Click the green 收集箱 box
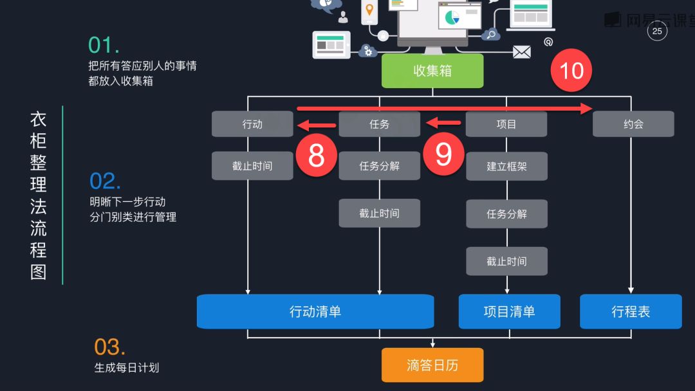pos(432,71)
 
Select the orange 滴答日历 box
pos(432,365)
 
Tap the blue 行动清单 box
pos(315,312)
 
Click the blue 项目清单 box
pos(509,312)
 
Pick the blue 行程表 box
pos(631,312)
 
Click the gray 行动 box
pos(252,124)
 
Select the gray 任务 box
pos(379,124)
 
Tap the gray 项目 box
pos(506,124)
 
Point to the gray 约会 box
pos(633,124)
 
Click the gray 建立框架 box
pos(506,166)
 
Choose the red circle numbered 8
pos(316,155)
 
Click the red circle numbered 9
pos(443,155)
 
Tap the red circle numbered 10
pos(571,70)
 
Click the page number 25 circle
pos(657,31)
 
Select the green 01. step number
pos(104,45)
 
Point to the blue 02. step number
pos(105,181)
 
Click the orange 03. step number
pos(109,347)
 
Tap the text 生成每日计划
pos(127,368)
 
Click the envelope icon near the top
pos(522,52)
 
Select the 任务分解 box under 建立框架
pos(506,214)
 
